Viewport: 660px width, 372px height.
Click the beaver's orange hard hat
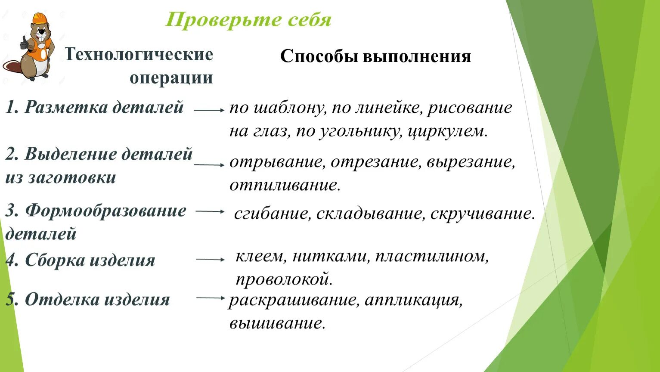pyautogui.click(x=38, y=19)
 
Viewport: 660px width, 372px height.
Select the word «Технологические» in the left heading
pyautogui.click(x=139, y=55)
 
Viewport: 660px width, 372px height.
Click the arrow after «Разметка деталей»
pyautogui.click(x=209, y=110)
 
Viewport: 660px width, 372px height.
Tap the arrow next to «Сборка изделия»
pyautogui.click(x=210, y=260)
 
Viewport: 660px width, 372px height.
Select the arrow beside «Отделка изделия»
pyautogui.click(x=211, y=298)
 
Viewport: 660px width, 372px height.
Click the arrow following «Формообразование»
pyautogui.click(x=210, y=211)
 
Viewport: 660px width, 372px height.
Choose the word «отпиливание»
pyautogui.click(x=285, y=185)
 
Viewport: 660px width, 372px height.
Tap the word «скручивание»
pyautogui.click(x=482, y=214)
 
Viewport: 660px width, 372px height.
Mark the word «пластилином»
pyautogui.click(x=432, y=257)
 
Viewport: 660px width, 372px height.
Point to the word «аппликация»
pyautogui.click(x=413, y=300)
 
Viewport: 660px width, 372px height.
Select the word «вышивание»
pyautogui.click(x=277, y=323)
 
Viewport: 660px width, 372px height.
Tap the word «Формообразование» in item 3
pyautogui.click(x=105, y=211)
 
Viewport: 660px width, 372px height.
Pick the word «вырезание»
pyautogui.click(x=471, y=162)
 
